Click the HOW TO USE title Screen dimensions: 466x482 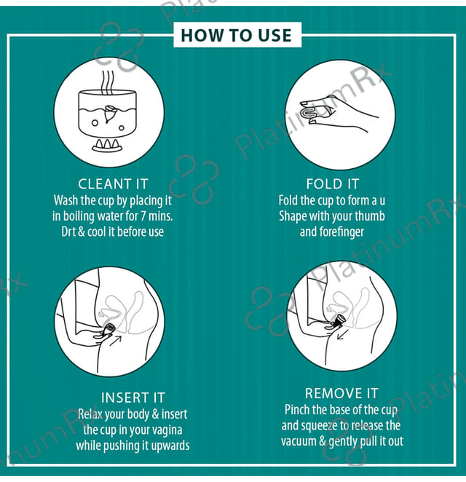coord(236,35)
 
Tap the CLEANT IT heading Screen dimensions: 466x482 coord(113,183)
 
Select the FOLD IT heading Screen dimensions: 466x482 coord(333,183)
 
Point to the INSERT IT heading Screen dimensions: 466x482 coord(133,398)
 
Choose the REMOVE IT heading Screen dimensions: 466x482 coord(341,393)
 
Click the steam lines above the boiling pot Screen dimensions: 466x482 coord(108,82)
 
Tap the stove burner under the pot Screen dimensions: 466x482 coord(107,145)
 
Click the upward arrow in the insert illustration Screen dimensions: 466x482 coord(116,341)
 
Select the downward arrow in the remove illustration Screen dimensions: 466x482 coord(342,335)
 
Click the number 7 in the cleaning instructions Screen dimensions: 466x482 coord(143,216)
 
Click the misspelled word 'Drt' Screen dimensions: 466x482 coord(68,232)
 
